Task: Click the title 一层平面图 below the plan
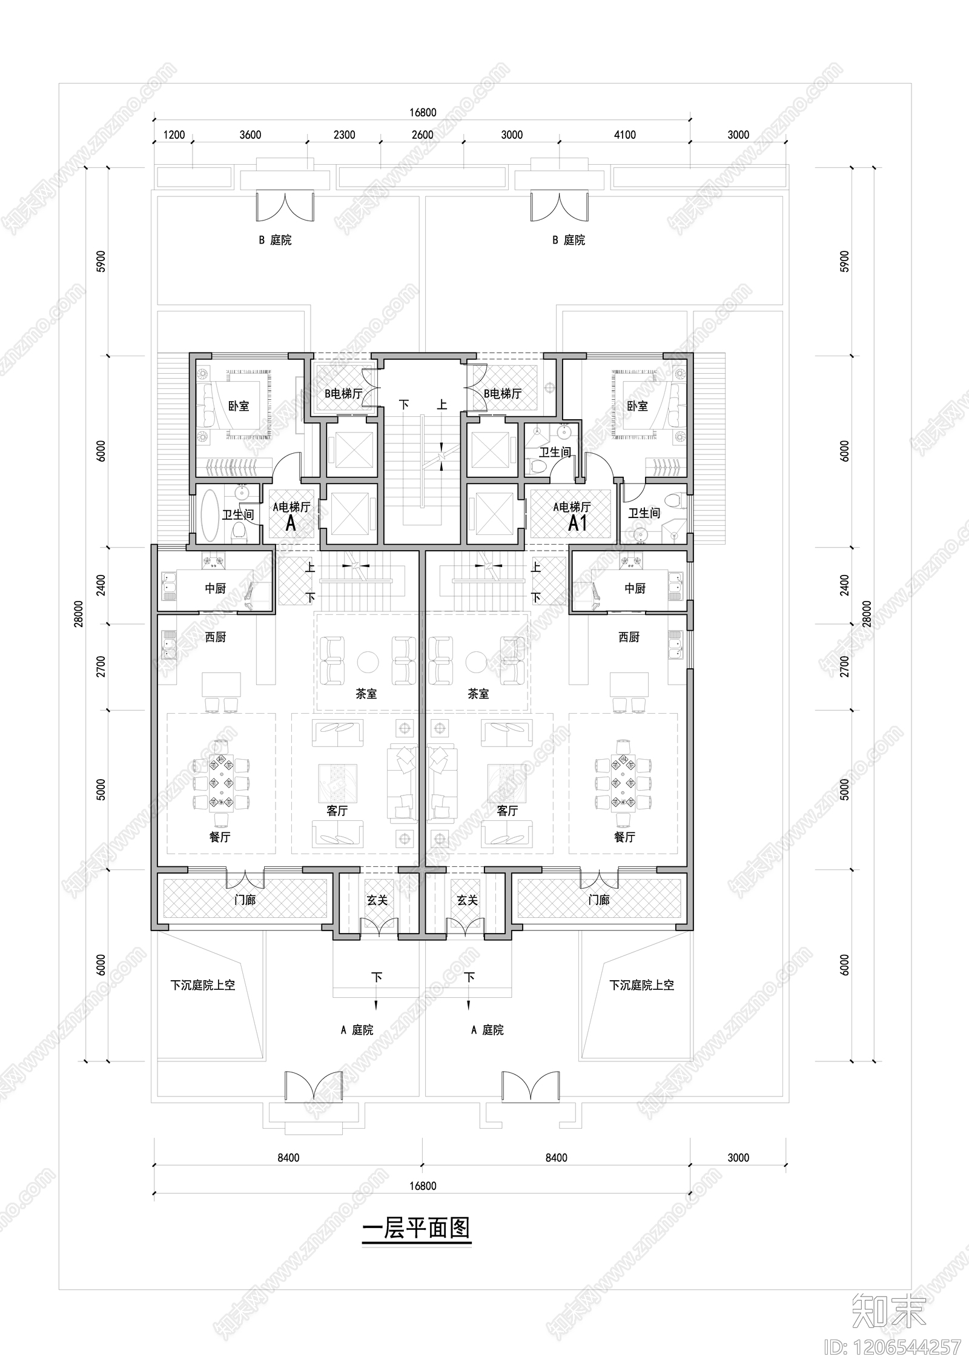point(416,1229)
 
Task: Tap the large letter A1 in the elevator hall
point(578,523)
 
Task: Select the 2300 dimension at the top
point(344,134)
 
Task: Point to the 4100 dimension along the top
point(624,134)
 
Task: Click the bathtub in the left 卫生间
point(210,515)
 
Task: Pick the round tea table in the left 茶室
point(368,662)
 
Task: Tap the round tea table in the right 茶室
point(476,662)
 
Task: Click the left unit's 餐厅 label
point(220,837)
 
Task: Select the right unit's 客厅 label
point(507,811)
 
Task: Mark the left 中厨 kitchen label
point(215,588)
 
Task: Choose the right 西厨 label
point(629,637)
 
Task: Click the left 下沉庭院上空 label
point(202,985)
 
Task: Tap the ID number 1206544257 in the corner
point(893,1346)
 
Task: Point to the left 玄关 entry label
point(377,900)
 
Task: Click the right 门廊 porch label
point(598,900)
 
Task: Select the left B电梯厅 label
point(343,393)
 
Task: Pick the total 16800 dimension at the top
point(422,112)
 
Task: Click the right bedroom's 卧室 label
point(637,406)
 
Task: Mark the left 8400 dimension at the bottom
point(288,1157)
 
